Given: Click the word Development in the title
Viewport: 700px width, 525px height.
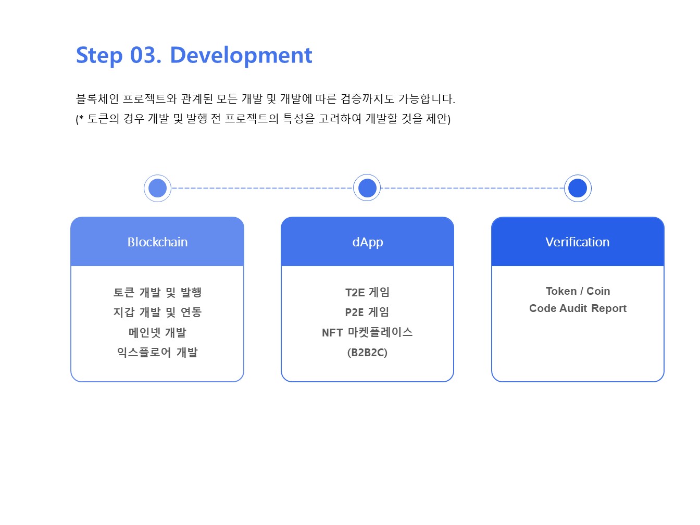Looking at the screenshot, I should click(x=241, y=55).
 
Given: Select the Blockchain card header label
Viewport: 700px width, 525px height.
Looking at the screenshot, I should click(x=157, y=242).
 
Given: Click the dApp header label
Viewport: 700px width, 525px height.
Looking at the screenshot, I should click(x=367, y=242).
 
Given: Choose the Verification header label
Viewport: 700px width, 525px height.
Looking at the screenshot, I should click(x=577, y=242).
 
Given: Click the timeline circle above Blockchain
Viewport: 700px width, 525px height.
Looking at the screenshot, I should click(x=157, y=188).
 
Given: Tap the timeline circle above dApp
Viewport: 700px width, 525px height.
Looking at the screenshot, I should click(x=367, y=188).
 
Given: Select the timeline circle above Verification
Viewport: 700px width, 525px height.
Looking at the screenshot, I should click(x=578, y=188).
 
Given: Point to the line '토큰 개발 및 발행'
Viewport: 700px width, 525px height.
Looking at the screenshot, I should click(x=157, y=293).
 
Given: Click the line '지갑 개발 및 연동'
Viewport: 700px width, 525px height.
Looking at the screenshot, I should click(x=157, y=312).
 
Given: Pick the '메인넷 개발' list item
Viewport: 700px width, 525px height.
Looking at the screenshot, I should click(x=157, y=332).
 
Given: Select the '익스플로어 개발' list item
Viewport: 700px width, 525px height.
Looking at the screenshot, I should click(x=157, y=353).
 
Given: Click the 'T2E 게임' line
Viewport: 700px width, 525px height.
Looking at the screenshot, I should click(x=367, y=293).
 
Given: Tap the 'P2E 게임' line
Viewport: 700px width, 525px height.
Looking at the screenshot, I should click(x=367, y=312).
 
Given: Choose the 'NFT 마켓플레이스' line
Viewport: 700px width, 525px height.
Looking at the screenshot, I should click(x=367, y=332).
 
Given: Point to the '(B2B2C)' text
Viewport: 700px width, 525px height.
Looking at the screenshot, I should click(x=367, y=353).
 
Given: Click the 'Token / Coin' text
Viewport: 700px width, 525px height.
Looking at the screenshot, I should click(x=578, y=291).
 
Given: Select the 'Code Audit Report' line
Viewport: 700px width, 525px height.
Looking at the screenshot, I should click(x=578, y=308).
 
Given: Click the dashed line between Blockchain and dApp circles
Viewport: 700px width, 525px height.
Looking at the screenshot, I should click(x=262, y=188).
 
